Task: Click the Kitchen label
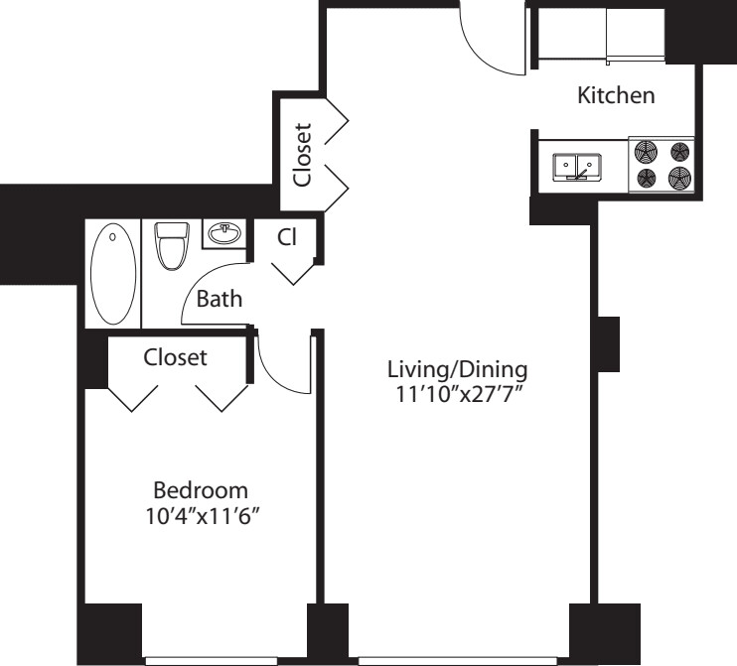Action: (616, 95)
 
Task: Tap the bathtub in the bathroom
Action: (113, 273)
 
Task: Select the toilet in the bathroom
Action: (172, 245)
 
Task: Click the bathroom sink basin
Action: (224, 233)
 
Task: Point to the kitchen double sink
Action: (576, 167)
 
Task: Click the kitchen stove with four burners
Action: (662, 165)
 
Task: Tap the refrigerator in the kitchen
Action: (635, 36)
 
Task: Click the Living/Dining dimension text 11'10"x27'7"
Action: (459, 394)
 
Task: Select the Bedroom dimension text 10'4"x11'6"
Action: (203, 517)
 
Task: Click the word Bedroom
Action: (201, 490)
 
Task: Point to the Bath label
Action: (220, 299)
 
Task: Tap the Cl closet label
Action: (287, 237)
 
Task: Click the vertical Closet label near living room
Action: (302, 155)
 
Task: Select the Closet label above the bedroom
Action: (175, 357)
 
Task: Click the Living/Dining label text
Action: (457, 369)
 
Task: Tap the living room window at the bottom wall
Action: (458, 661)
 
